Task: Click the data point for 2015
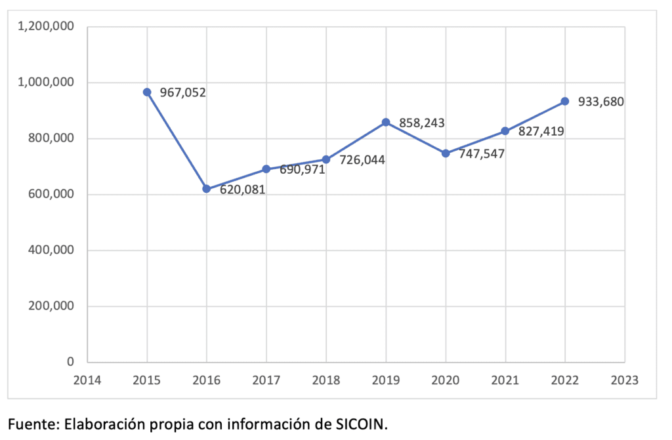point(147,92)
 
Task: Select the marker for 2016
point(207,189)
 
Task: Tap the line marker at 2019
point(386,123)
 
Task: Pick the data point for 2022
point(565,102)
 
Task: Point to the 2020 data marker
point(446,153)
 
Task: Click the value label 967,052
point(184,92)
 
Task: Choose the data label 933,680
point(600,102)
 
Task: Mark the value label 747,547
point(482,153)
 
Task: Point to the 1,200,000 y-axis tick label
point(46,27)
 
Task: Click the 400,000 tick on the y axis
point(51,250)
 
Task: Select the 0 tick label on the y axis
point(70,362)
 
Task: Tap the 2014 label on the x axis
point(87,379)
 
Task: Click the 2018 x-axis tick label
point(326,379)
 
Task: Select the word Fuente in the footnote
point(31,424)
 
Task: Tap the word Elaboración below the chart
point(100,424)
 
